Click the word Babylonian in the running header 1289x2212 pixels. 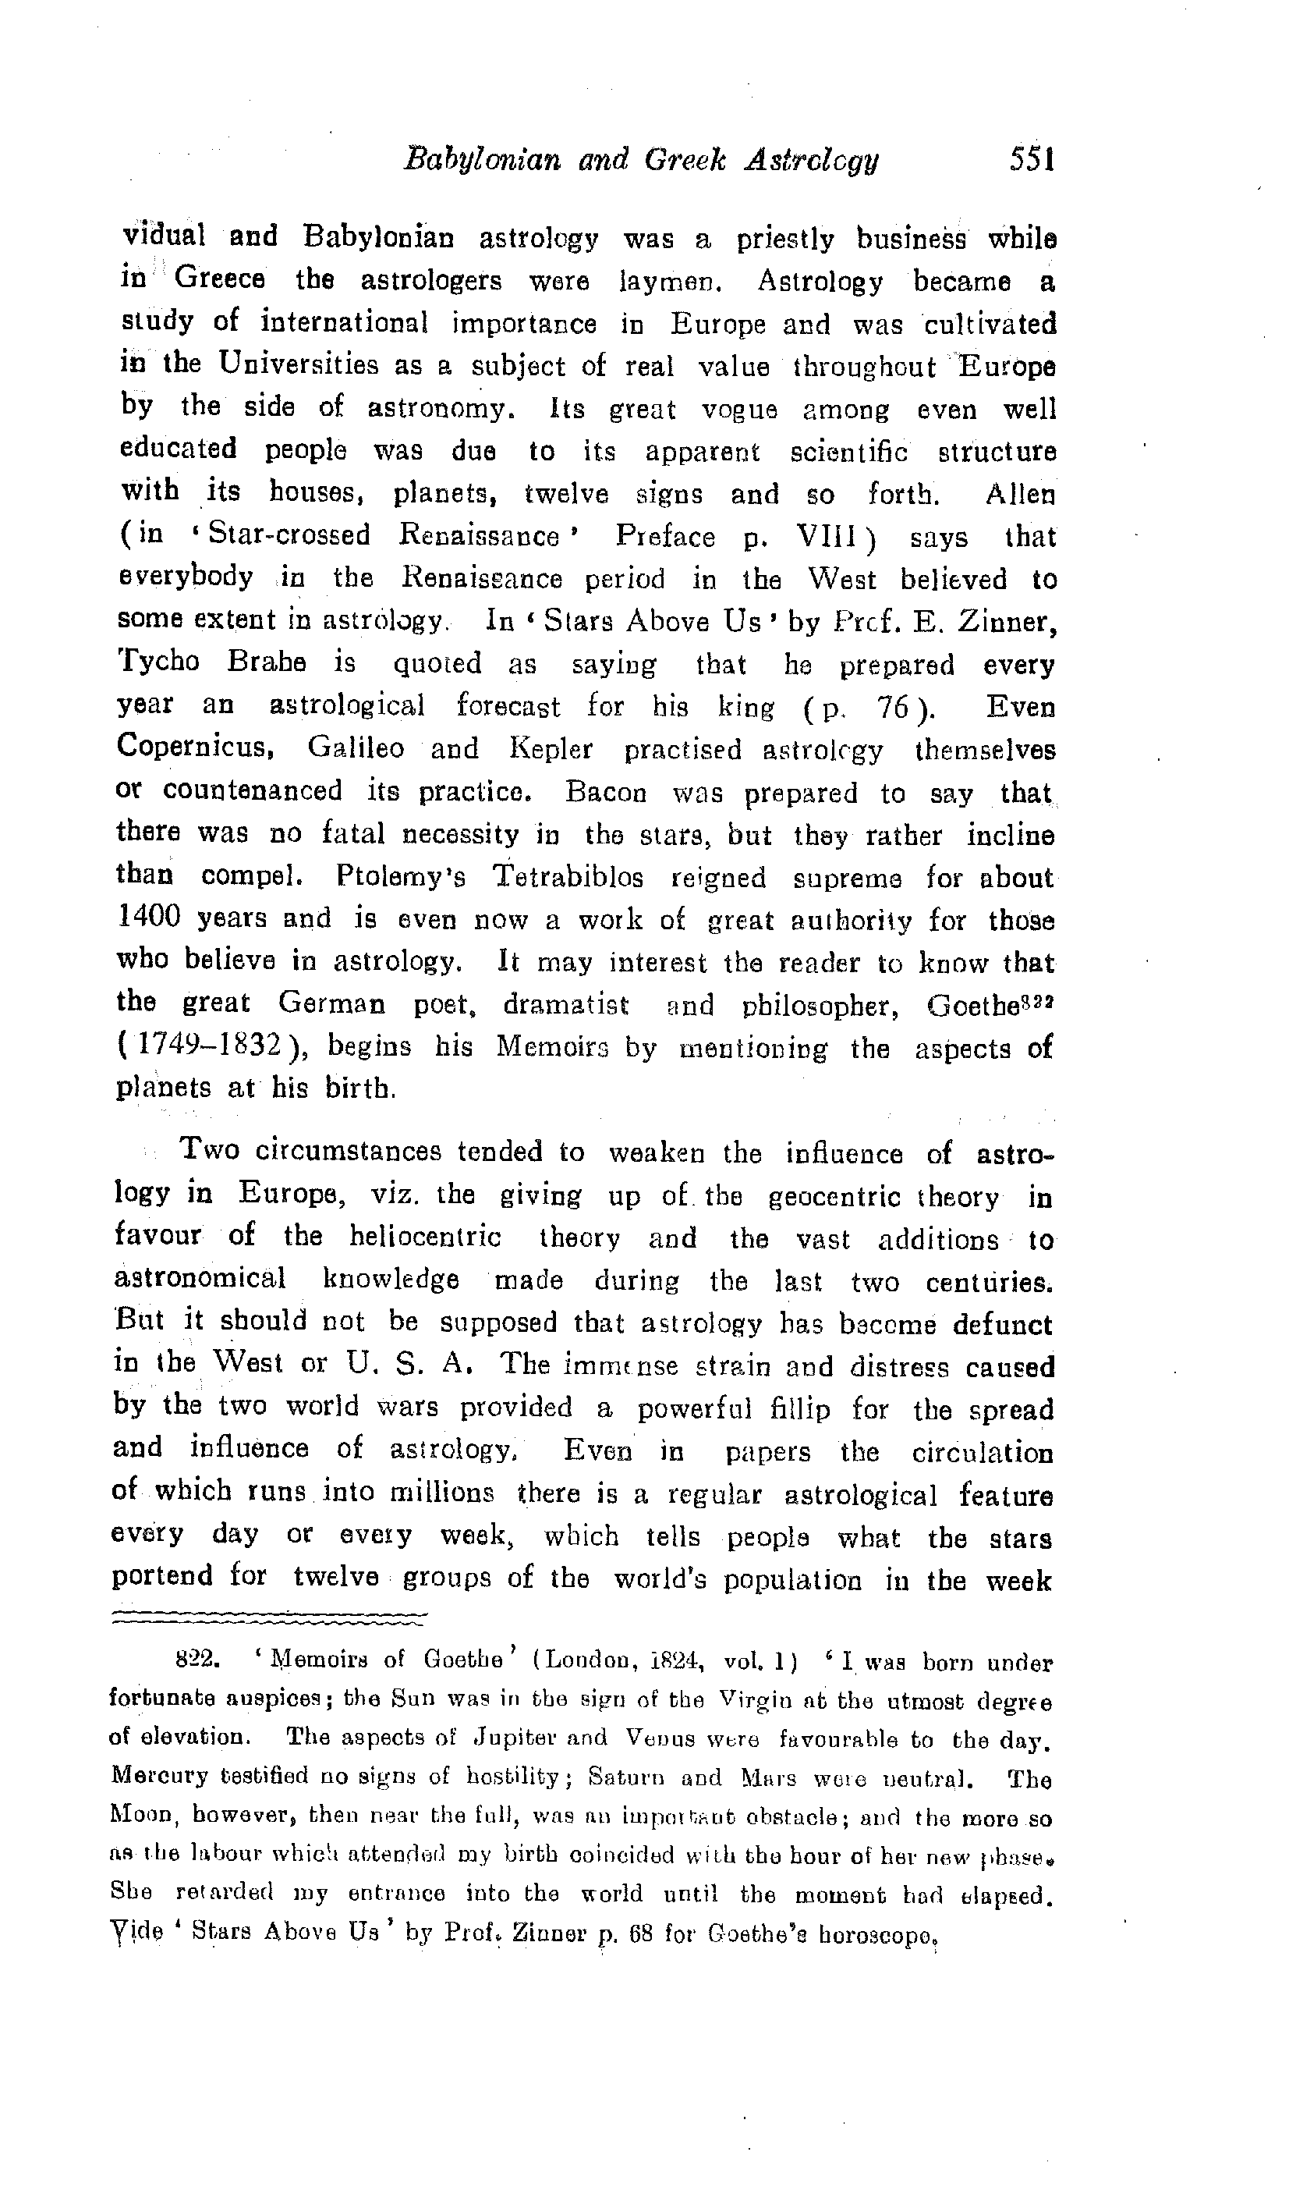[481, 161]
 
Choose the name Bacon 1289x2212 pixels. [605, 792]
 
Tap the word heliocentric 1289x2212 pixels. [425, 1237]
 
